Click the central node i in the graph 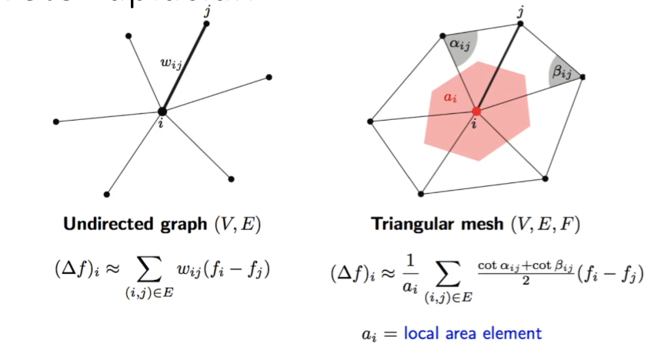pyautogui.click(x=162, y=111)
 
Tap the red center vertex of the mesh pyautogui.click(x=476, y=112)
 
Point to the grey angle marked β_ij pyautogui.click(x=565, y=72)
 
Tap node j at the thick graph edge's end pyautogui.click(x=205, y=24)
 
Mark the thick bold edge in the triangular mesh pyautogui.click(x=499, y=67)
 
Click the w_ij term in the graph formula pyautogui.click(x=191, y=275)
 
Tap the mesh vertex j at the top pyautogui.click(x=520, y=24)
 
